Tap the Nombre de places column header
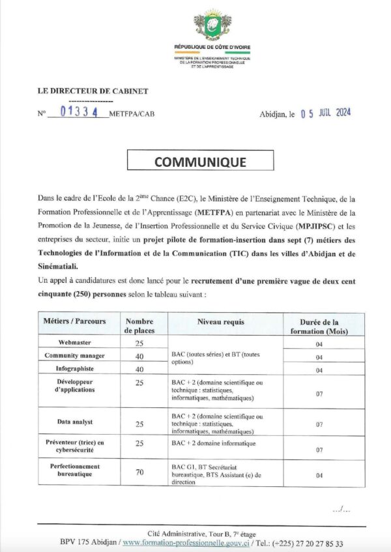139,326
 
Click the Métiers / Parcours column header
74,322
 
